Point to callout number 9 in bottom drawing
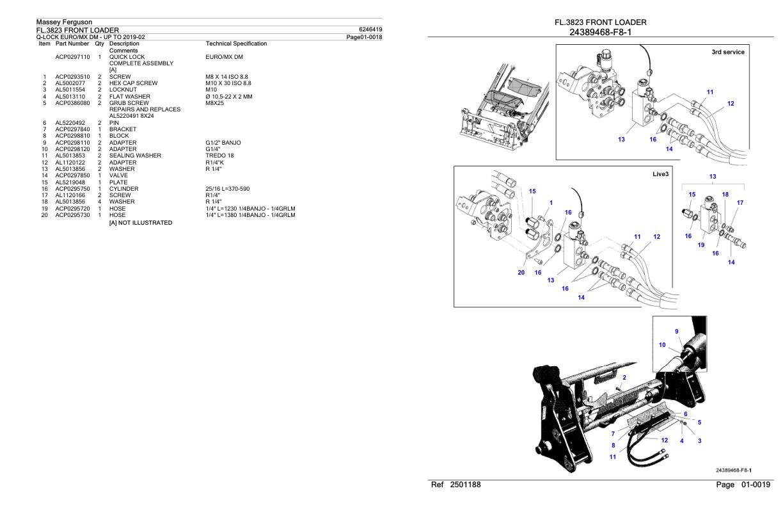(677, 332)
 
